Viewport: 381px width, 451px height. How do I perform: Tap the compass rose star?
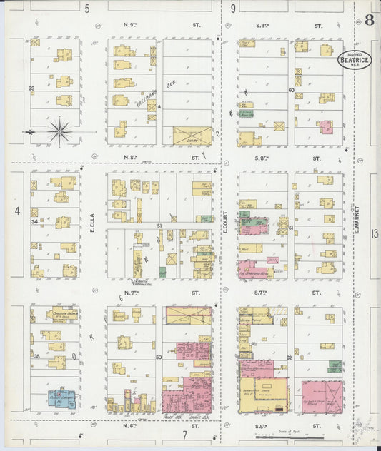coord(59,131)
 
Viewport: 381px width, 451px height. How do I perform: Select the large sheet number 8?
coord(369,19)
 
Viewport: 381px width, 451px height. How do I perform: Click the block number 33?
coord(31,88)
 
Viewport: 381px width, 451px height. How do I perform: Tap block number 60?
coord(291,90)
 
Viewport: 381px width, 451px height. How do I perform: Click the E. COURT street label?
coord(224,222)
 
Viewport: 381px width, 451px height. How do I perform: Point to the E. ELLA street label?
coord(93,224)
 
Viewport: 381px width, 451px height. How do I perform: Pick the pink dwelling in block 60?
coord(326,127)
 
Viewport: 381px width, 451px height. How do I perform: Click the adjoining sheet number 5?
coord(87,9)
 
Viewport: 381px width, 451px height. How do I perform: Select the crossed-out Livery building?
coord(192,136)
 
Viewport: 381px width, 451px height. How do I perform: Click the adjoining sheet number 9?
coord(233,9)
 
